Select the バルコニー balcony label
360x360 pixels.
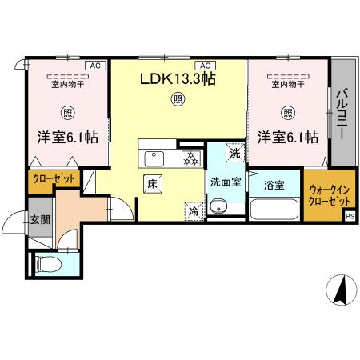[342, 114]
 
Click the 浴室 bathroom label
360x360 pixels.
[275, 185]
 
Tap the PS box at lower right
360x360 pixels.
[350, 215]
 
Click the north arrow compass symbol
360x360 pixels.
[341, 290]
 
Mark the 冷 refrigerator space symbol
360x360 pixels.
[194, 211]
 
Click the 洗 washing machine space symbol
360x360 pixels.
[234, 153]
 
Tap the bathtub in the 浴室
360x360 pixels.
[274, 210]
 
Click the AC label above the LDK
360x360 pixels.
[205, 65]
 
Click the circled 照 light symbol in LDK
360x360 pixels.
[176, 100]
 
